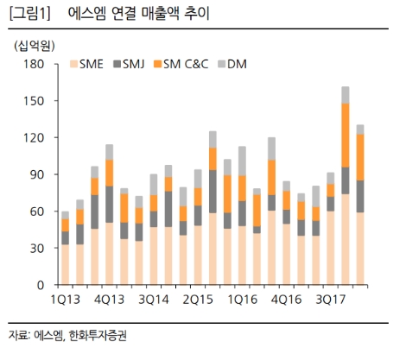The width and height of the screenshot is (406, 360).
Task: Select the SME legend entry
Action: coord(89,64)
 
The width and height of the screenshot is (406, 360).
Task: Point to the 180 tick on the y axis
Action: coord(34,64)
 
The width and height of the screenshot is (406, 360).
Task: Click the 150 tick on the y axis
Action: coord(34,101)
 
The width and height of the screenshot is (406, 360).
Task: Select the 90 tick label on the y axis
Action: coord(36,174)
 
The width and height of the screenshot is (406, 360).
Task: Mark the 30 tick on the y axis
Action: coord(36,248)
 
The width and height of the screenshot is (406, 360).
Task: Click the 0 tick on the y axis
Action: coord(40,285)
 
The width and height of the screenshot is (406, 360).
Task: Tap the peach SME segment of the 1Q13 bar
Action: coord(65,264)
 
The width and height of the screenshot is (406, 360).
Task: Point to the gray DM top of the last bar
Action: coord(360,129)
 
